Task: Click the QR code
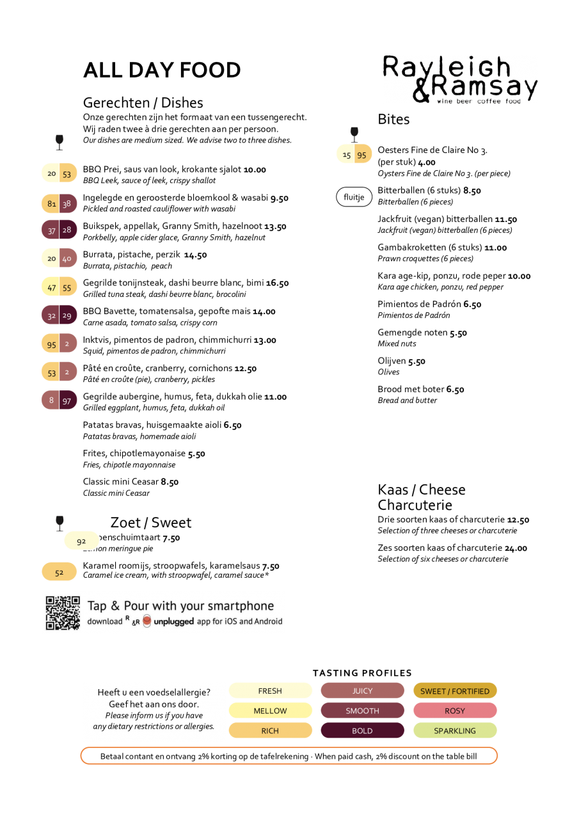63,613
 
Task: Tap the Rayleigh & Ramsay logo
459,79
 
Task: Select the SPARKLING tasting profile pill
455,731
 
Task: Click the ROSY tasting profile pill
455,710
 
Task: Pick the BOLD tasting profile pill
362,731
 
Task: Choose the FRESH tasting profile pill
270,690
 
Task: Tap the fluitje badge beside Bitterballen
354,197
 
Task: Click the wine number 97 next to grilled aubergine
67,401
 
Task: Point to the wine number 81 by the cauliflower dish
52,203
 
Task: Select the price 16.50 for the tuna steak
278,283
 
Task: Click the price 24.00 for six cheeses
516,548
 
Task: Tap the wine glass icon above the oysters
354,134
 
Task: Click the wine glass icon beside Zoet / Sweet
59,523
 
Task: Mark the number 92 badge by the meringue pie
81,541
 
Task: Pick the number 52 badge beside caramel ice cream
59,572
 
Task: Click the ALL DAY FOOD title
162,70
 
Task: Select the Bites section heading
393,119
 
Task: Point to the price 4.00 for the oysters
427,163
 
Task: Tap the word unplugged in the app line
173,621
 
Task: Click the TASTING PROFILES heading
362,672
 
